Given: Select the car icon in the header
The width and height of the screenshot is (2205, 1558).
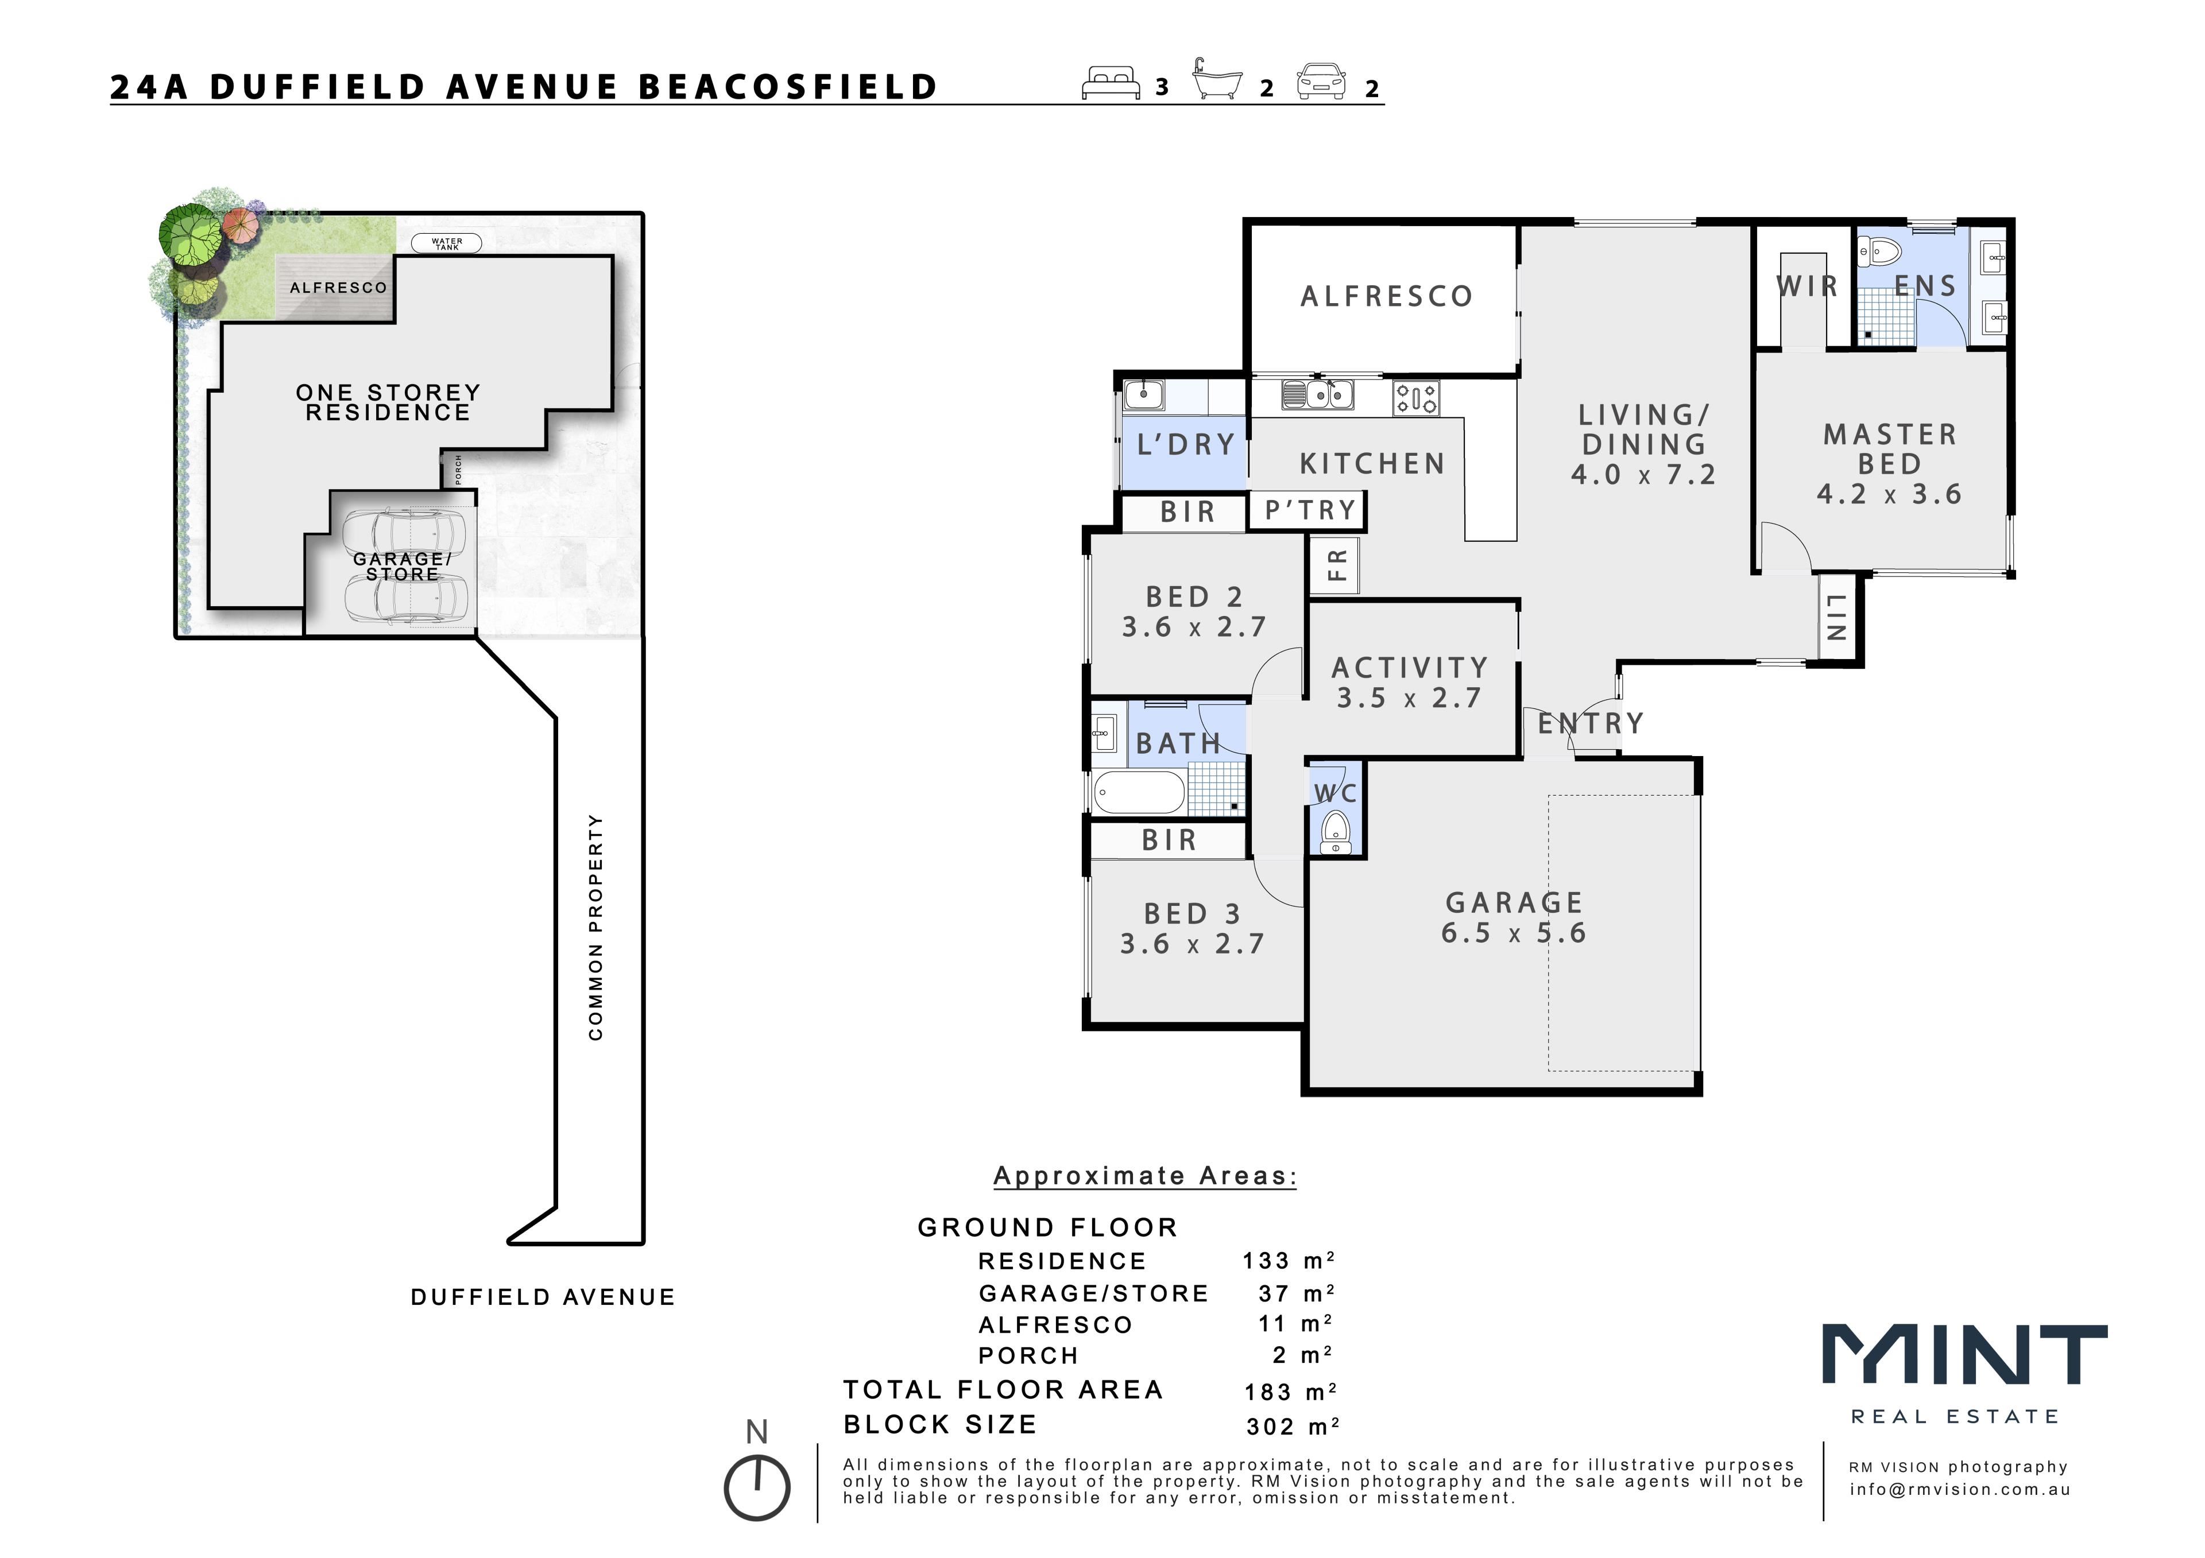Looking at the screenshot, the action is pyautogui.click(x=1321, y=82).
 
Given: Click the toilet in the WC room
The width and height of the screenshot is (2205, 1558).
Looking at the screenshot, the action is pyautogui.click(x=1335, y=831).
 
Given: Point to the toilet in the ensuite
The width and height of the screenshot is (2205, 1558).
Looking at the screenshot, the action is pyautogui.click(x=1879, y=253).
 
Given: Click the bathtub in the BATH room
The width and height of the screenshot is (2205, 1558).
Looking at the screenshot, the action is pyautogui.click(x=1139, y=793).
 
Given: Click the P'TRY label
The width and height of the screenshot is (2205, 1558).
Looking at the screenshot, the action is pyautogui.click(x=1310, y=510).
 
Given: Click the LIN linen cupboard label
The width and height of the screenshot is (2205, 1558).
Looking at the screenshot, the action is pyautogui.click(x=1836, y=617).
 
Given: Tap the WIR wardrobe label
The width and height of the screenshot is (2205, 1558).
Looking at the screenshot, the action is pyautogui.click(x=1806, y=286).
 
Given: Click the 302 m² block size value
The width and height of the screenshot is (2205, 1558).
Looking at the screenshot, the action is pyautogui.click(x=1293, y=1427).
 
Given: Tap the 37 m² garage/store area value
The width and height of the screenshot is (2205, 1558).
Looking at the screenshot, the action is pyautogui.click(x=1297, y=1294).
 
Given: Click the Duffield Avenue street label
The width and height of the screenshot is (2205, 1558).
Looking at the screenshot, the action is pyautogui.click(x=543, y=1298).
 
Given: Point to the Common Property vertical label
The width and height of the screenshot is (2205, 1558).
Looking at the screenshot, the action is pyautogui.click(x=595, y=927).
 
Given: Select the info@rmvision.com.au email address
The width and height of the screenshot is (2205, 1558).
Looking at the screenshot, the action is pyautogui.click(x=1960, y=1490).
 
